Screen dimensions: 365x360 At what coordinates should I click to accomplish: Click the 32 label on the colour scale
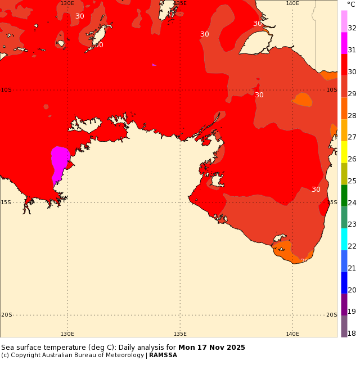tap(352, 28)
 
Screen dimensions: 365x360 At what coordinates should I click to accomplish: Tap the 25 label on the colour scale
tap(352, 181)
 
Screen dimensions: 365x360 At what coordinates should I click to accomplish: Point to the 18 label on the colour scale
tap(352, 334)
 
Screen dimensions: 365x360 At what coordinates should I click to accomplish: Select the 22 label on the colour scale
tap(352, 246)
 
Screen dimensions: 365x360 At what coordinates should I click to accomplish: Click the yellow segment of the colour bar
tap(344, 152)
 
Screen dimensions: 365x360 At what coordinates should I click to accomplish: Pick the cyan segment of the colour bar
tap(344, 239)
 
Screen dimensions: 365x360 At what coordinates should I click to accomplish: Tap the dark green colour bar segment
tap(344, 195)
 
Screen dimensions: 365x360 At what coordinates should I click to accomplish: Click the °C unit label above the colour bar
tap(351, 4)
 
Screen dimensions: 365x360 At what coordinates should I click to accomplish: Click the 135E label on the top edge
tap(180, 3)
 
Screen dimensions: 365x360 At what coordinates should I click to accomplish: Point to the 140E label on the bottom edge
tap(292, 334)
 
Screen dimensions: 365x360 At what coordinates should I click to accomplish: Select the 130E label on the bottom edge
tap(67, 334)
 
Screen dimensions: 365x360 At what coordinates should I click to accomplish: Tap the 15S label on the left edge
tap(6, 202)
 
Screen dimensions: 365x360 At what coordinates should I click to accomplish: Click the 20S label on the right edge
tap(332, 315)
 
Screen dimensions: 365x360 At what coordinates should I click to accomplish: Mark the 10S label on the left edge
tap(6, 90)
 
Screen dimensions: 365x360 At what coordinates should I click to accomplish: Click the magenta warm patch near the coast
tap(60, 160)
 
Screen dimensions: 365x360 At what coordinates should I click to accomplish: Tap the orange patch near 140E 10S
tap(303, 100)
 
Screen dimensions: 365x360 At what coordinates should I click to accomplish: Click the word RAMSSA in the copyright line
tap(163, 355)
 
